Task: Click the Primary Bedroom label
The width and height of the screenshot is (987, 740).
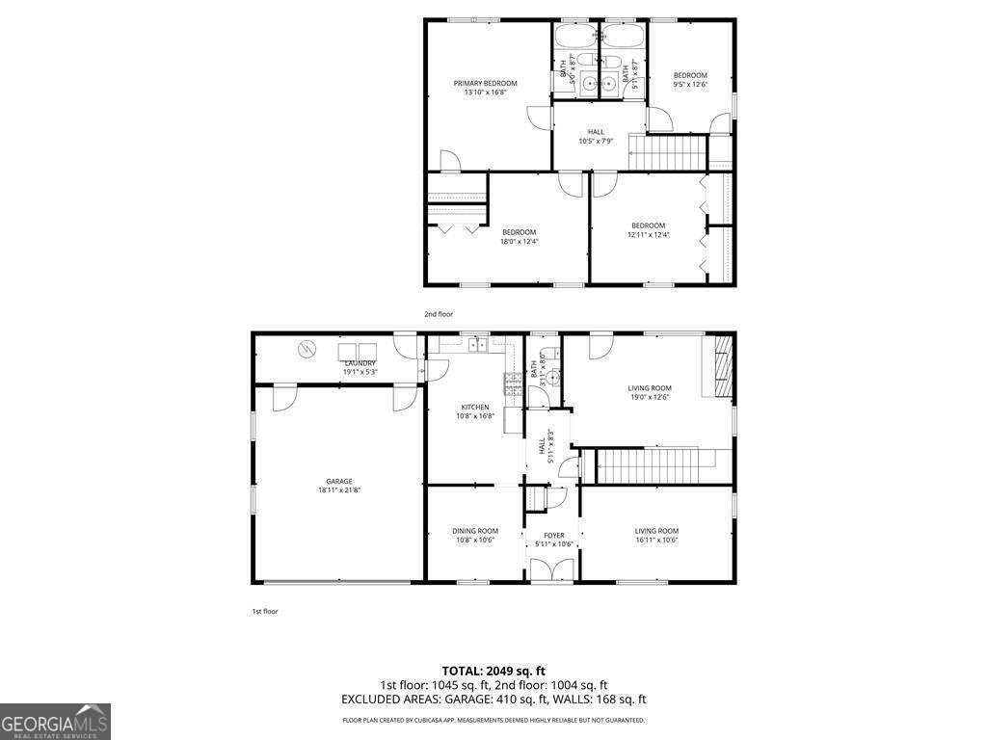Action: [486, 84]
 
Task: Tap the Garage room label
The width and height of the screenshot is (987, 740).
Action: [338, 482]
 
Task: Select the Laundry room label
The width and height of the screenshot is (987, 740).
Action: [360, 363]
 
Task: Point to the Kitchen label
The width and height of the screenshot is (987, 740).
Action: [474, 408]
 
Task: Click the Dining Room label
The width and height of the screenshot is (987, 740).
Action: [474, 531]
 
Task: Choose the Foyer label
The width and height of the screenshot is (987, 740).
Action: [554, 536]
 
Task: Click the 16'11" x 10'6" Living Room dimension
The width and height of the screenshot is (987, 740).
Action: [656, 540]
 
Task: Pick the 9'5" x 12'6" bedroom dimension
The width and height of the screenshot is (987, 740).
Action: [690, 85]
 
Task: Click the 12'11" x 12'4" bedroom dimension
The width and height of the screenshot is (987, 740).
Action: [648, 235]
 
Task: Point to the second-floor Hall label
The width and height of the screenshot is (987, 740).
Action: [597, 132]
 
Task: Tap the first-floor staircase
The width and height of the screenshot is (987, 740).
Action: [655, 466]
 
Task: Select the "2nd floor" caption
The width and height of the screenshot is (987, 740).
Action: [439, 314]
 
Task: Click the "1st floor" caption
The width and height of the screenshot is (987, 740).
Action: [265, 611]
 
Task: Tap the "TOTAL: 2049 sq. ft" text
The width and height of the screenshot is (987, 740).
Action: [493, 671]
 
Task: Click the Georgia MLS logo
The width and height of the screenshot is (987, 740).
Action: [55, 722]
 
